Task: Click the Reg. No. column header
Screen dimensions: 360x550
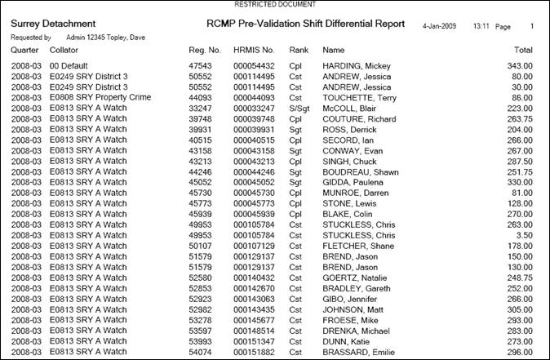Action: pos(204,51)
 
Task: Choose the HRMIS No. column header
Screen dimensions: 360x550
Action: pos(254,51)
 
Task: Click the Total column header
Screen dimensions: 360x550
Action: pos(523,51)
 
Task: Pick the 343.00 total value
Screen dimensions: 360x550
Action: pos(519,64)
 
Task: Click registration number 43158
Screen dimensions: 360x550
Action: pos(200,150)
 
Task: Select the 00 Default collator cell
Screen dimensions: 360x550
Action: pos(73,64)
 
